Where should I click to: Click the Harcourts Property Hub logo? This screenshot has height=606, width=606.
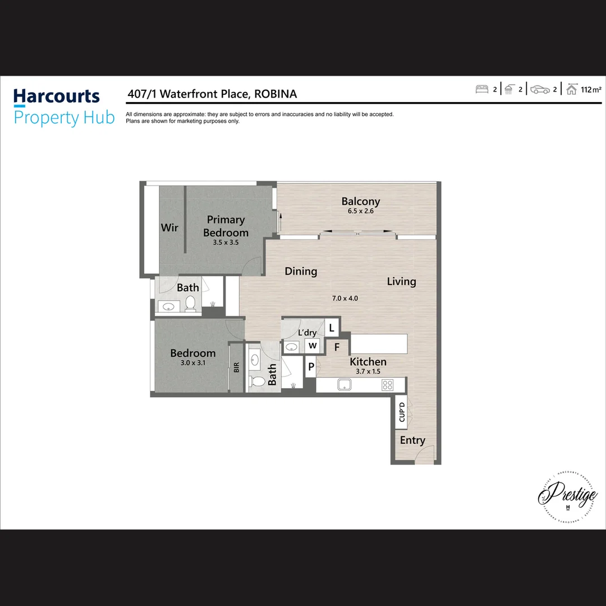click(x=63, y=107)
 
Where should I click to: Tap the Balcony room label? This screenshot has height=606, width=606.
click(x=361, y=201)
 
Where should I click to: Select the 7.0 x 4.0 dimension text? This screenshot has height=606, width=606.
click(x=345, y=298)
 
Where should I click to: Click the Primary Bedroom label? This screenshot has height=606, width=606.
click(x=226, y=226)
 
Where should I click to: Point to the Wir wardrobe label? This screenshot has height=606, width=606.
click(x=169, y=227)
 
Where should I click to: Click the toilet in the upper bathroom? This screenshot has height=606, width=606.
click(x=190, y=304)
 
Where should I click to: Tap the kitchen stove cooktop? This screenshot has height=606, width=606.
click(x=387, y=385)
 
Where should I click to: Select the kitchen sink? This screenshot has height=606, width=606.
click(x=343, y=385)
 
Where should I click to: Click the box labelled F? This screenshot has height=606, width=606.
click(x=337, y=347)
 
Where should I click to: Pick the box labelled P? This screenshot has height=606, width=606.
click(x=310, y=368)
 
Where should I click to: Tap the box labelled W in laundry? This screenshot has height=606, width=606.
click(x=313, y=346)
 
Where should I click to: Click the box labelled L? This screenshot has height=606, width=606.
click(x=332, y=328)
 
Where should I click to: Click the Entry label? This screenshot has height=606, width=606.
click(x=412, y=440)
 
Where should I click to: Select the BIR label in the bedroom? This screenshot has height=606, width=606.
click(x=237, y=368)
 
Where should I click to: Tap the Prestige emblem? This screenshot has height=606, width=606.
click(x=567, y=497)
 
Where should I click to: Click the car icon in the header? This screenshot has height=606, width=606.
click(x=540, y=90)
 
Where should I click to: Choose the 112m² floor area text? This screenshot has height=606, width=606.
click(x=591, y=90)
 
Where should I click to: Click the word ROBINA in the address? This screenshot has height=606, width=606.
click(x=276, y=94)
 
